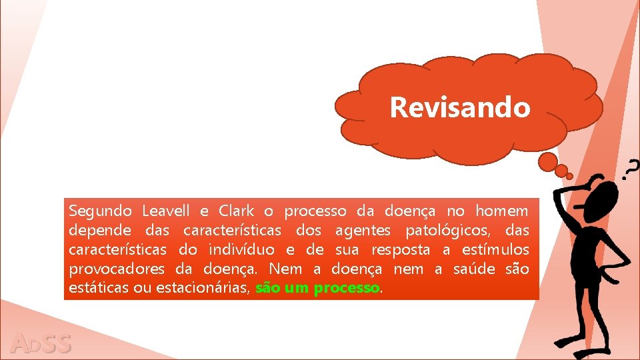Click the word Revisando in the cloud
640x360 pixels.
[460, 107]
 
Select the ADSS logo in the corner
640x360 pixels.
[41, 343]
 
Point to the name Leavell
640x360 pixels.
[166, 211]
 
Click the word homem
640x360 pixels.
[503, 211]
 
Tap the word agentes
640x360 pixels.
[366, 231]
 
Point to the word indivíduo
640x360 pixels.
[241, 250]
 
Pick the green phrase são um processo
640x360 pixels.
[317, 289]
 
